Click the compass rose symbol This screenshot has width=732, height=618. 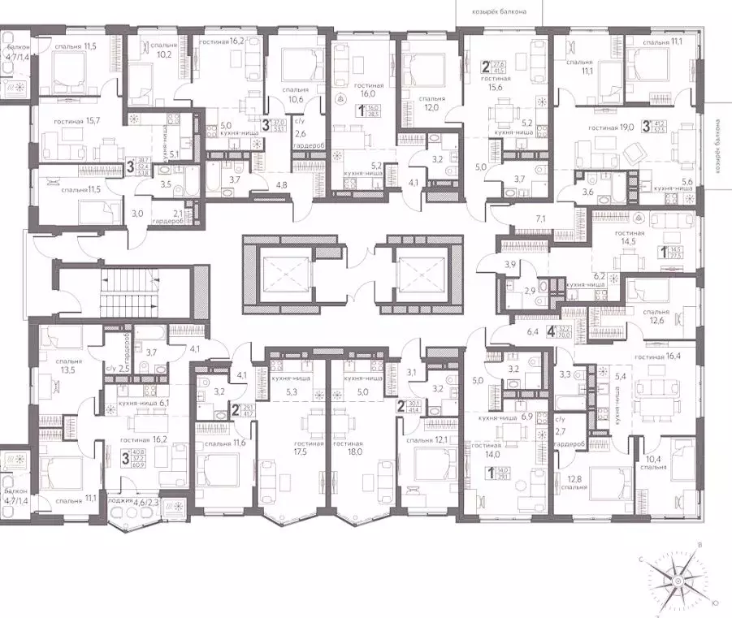(x=677, y=581)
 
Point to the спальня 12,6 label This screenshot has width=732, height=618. (x=655, y=318)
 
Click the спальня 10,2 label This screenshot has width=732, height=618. (x=158, y=51)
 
